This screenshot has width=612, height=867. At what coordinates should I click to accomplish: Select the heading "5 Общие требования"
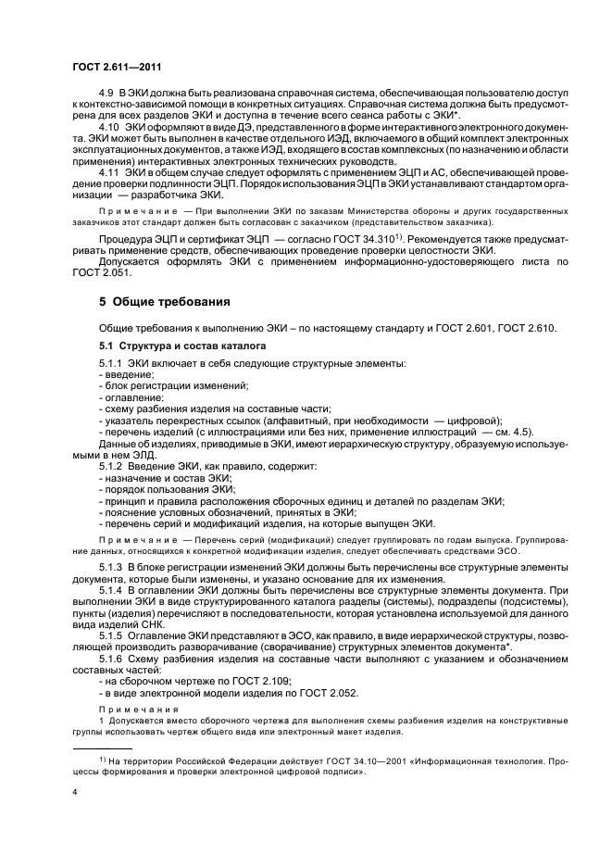165,303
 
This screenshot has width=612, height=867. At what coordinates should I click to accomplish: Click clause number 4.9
106,95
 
